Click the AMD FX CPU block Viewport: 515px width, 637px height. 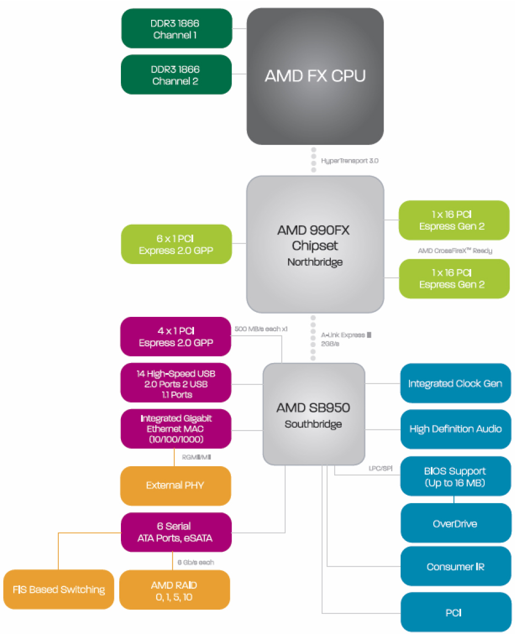click(x=315, y=76)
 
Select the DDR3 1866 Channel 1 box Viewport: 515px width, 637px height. click(x=176, y=29)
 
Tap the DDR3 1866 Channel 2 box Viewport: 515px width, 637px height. click(x=176, y=75)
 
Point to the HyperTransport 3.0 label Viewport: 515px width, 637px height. click(x=350, y=161)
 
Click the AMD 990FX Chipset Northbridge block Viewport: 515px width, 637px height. click(x=315, y=244)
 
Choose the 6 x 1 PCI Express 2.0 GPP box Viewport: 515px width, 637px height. click(x=176, y=244)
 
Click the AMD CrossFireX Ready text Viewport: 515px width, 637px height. click(x=455, y=251)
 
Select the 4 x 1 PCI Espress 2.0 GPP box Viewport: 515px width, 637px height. click(x=176, y=337)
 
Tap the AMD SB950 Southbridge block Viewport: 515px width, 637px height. click(x=314, y=414)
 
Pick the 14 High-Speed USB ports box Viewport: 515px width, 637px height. click(x=176, y=383)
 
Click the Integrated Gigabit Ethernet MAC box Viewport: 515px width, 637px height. click(x=176, y=429)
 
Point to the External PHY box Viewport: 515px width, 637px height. click(x=176, y=485)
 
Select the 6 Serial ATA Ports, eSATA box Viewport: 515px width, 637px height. click(x=176, y=532)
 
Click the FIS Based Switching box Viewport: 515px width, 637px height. click(x=59, y=590)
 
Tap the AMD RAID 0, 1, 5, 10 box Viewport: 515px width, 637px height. click(x=174, y=590)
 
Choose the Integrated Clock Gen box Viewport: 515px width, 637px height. click(x=455, y=383)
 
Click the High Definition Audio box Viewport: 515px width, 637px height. click(x=455, y=429)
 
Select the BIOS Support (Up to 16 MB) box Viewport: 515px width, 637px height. click(x=455, y=477)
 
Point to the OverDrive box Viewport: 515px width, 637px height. click(x=455, y=523)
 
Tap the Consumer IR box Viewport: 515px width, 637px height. click(x=455, y=566)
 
